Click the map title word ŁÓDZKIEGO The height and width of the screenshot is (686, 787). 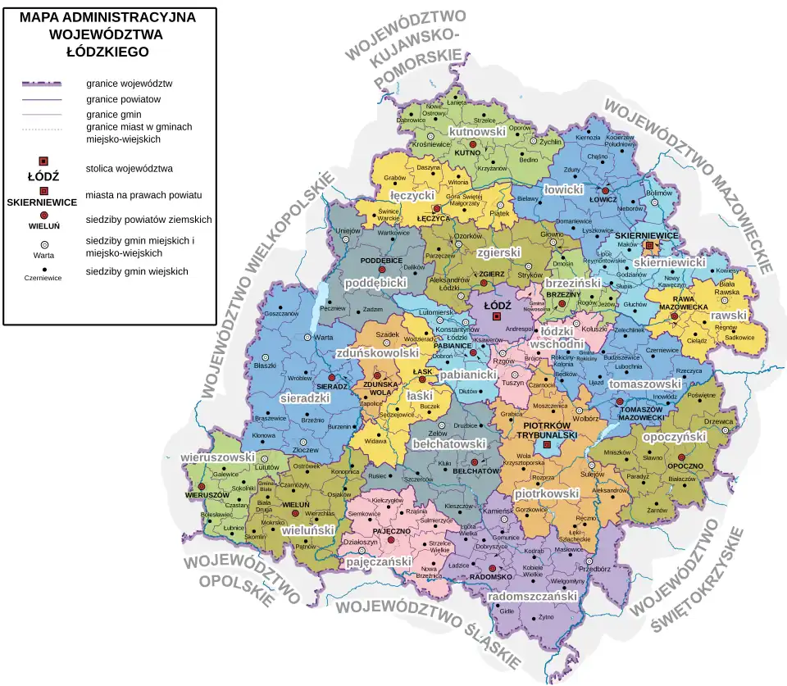click(107, 52)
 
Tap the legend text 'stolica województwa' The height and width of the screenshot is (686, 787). click(129, 169)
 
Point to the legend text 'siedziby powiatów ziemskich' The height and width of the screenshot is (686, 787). click(148, 220)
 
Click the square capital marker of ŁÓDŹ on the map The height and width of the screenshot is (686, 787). click(496, 316)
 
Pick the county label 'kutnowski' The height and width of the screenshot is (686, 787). click(477, 132)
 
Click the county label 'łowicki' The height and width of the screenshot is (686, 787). click(563, 189)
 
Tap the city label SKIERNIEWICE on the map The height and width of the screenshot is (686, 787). click(647, 235)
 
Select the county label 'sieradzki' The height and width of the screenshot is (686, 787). click(304, 398)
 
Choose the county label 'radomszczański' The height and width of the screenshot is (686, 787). click(533, 597)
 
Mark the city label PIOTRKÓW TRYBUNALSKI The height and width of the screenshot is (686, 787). click(547, 430)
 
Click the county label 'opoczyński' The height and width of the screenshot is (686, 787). click(674, 437)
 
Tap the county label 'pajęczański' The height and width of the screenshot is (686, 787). click(378, 563)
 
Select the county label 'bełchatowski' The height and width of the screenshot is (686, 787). click(449, 443)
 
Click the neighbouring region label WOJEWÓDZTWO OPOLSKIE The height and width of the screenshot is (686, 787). click(243, 579)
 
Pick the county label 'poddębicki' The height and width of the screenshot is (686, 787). click(375, 282)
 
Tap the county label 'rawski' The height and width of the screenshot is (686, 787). click(728, 315)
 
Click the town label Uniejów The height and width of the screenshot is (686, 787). click(349, 231)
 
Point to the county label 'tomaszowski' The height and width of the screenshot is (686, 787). click(645, 384)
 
